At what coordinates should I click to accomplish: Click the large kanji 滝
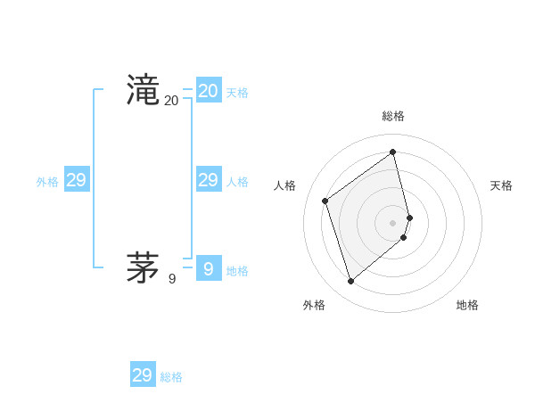pos(143,91)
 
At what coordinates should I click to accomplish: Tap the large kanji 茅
pos(143,267)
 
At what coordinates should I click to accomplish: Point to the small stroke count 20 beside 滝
pos(171,102)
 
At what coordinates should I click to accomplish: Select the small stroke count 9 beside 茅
pos(172,279)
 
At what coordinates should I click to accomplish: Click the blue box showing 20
pos(209,91)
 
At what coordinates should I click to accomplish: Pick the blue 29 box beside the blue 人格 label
pos(209,180)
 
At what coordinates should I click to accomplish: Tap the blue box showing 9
pos(209,267)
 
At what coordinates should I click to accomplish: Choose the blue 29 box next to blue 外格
pos(77,180)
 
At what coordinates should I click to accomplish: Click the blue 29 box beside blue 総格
pos(143,375)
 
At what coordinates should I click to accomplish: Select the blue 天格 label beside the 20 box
pos(237,93)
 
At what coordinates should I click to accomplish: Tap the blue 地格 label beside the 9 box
pos(237,271)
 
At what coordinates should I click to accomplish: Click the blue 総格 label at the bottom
pos(171,377)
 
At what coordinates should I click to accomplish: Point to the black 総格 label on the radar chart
pos(393,116)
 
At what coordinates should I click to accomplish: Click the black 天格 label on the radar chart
pos(501,185)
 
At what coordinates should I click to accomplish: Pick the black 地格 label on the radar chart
pos(467,305)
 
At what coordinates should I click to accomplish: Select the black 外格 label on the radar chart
pos(314,305)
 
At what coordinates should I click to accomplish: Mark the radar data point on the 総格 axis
pos(393,152)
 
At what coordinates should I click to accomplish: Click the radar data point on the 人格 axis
pos(325,201)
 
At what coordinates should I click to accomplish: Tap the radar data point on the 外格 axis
pos(351,282)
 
